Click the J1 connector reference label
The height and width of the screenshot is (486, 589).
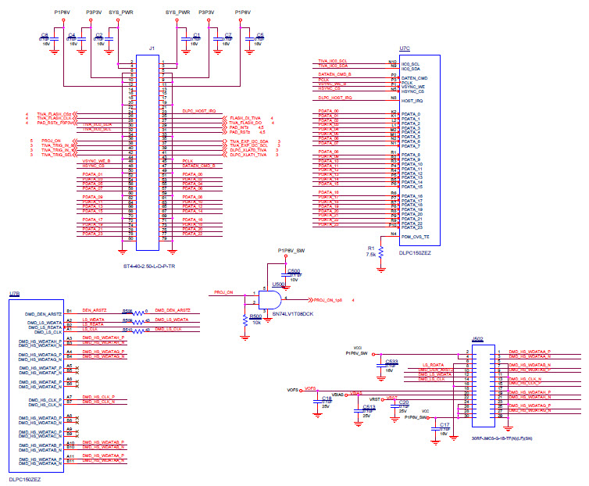click(152, 49)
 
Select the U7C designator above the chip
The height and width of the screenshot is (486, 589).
click(404, 48)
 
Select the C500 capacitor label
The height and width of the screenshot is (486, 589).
click(294, 270)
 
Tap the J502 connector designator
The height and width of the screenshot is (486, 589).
click(477, 339)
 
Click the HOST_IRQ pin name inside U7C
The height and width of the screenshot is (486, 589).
click(412, 101)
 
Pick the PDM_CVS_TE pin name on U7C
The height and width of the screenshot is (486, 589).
click(416, 235)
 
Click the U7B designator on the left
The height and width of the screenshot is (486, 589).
click(14, 294)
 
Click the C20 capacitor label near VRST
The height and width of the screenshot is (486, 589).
click(404, 402)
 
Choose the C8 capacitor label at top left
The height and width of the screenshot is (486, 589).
click(45, 35)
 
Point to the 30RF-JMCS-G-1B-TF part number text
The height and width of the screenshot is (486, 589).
click(502, 438)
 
